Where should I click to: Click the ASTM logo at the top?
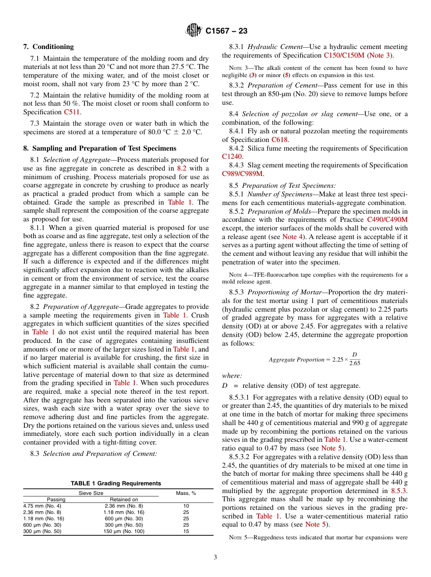(194, 31)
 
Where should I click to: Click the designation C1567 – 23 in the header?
(226, 31)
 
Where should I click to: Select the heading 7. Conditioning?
(49, 47)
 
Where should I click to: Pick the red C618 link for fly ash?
(279, 140)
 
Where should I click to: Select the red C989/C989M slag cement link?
(242, 173)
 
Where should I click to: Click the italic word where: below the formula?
(232, 376)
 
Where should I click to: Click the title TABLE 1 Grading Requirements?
(116, 484)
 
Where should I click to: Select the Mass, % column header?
(186, 493)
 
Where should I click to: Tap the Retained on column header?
(124, 499)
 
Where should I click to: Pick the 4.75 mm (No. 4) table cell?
(42, 506)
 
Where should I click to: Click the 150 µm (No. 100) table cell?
(124, 531)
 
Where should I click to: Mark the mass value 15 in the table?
(186, 531)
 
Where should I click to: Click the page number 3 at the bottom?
(215, 557)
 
